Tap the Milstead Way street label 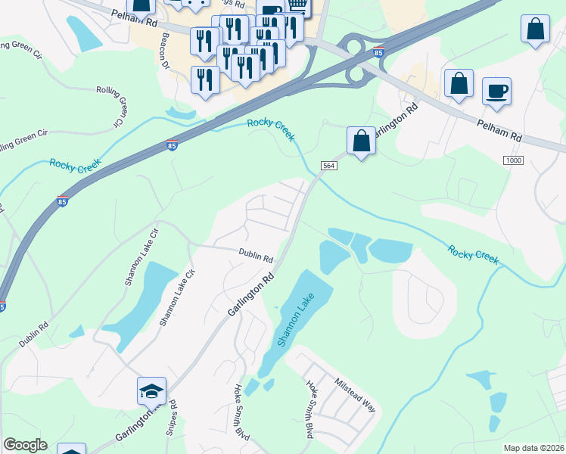pyautogui.click(x=355, y=393)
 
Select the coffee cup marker pyautogui.click(x=496, y=91)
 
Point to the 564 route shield pyautogui.click(x=328, y=166)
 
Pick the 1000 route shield pyautogui.click(x=513, y=161)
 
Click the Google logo pyautogui.click(x=25, y=445)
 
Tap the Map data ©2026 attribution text pyautogui.click(x=533, y=448)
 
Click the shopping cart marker pyautogui.click(x=299, y=8)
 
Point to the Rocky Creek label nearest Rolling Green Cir pyautogui.click(x=76, y=165)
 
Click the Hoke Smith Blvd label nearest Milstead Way pyautogui.click(x=309, y=409)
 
